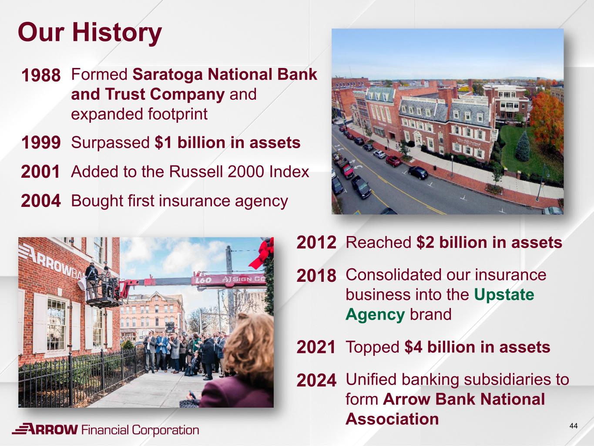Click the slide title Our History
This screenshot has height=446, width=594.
tap(90, 33)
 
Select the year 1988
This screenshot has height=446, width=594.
tap(40, 75)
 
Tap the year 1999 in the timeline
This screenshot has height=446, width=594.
tap(40, 142)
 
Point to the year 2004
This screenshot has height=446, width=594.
tap(40, 201)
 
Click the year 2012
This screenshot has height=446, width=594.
tap(316, 242)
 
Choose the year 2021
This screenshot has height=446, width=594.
tap(315, 347)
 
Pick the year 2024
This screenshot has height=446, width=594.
tap(316, 380)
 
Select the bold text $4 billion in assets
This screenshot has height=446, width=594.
tap(477, 347)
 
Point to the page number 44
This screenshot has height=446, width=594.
tap(574, 426)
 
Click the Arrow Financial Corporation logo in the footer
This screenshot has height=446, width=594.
tap(106, 429)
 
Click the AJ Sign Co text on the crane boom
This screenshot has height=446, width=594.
tap(243, 279)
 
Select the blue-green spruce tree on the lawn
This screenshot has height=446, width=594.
tap(522, 146)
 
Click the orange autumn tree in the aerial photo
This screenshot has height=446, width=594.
tap(547, 119)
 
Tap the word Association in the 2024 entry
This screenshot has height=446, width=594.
tap(392, 419)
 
